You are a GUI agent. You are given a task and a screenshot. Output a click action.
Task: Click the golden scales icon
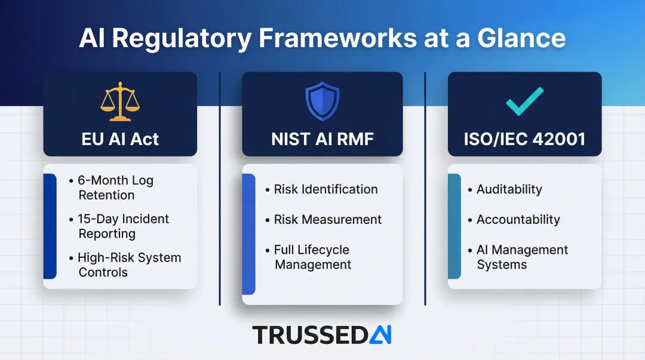click(120, 102)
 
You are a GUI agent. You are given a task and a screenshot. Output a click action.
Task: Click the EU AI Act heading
click(120, 139)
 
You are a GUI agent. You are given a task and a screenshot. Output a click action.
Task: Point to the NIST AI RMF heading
click(322, 139)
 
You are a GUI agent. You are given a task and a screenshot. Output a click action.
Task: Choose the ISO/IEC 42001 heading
click(524, 139)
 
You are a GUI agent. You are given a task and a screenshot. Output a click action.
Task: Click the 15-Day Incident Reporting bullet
click(123, 226)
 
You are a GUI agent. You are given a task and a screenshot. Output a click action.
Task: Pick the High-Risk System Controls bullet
click(128, 265)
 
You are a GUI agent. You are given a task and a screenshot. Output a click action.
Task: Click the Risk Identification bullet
click(325, 189)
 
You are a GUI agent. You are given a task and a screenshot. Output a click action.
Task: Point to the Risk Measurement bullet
click(327, 220)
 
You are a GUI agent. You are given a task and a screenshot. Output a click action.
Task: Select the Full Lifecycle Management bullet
click(312, 257)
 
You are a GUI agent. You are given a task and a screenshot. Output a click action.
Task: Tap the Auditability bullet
click(509, 189)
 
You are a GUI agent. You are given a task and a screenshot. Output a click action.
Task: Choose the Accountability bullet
click(518, 220)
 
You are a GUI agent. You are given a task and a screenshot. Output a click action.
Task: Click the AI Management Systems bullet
click(522, 257)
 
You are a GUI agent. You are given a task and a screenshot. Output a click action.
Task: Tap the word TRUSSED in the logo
click(309, 335)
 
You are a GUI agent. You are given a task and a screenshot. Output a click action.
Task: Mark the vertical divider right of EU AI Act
click(220, 188)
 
